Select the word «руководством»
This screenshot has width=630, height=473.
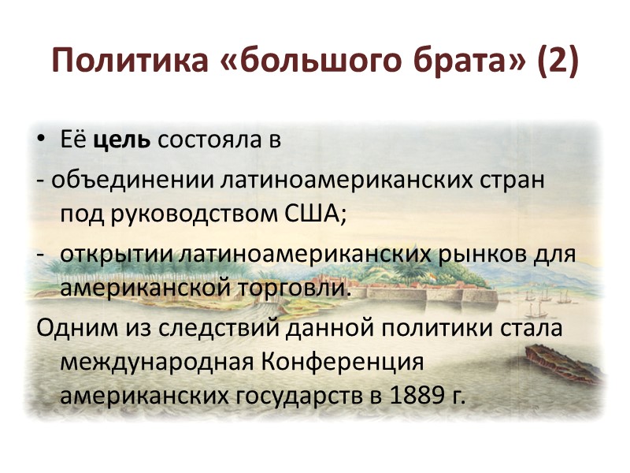[189, 214]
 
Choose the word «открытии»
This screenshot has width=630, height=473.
[117, 255]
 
